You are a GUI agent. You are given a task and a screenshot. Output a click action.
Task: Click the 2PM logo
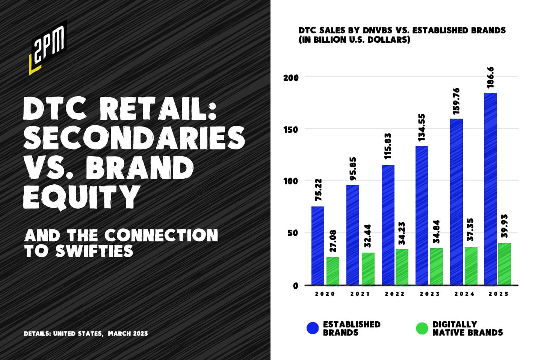click(48, 47)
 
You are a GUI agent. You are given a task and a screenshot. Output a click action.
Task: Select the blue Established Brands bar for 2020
click(318, 246)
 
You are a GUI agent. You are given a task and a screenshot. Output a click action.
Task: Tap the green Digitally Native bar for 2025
click(505, 264)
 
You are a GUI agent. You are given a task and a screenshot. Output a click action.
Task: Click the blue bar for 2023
click(422, 215)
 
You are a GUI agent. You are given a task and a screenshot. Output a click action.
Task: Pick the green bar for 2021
click(368, 269)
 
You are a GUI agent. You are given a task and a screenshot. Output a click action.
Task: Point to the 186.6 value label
click(491, 77)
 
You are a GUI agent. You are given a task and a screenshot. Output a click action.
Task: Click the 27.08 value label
click(332, 241)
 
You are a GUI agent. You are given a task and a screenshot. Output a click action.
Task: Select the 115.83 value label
click(387, 146)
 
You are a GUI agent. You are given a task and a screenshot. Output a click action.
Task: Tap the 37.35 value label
click(470, 230)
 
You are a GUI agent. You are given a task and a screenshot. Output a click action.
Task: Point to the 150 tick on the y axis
click(291, 130)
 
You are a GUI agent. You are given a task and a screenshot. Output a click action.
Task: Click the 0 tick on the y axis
click(296, 286)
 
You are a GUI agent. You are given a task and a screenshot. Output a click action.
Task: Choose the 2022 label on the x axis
click(394, 294)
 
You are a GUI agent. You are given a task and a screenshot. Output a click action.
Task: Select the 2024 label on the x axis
click(464, 294)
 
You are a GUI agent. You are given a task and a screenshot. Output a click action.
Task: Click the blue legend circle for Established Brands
click(313, 328)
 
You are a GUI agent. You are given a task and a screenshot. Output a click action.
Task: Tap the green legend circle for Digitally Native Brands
click(422, 328)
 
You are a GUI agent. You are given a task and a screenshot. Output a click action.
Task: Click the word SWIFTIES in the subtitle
click(94, 251)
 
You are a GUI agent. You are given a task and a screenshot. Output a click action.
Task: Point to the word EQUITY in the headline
click(82, 197)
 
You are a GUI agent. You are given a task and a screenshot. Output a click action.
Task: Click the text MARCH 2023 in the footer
click(128, 333)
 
